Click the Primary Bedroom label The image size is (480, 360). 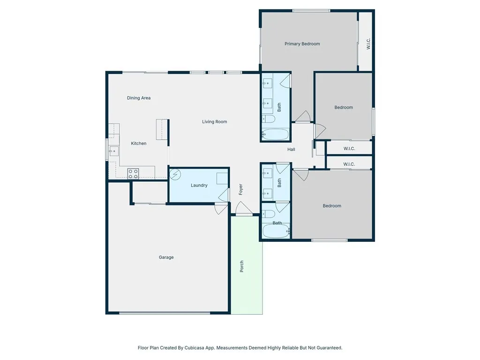click(302, 44)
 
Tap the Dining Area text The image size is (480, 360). click(139, 98)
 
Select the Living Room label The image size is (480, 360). click(214, 122)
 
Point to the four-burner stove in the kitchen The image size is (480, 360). click(133, 174)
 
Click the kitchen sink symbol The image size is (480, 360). click(113, 150)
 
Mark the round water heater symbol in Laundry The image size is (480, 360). click(174, 174)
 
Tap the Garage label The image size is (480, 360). click(166, 257)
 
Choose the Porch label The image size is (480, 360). click(242, 266)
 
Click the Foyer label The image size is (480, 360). click(241, 189)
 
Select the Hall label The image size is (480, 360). click(291, 150)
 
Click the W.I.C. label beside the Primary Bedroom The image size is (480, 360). click(368, 44)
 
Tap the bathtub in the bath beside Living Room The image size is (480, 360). click(276, 135)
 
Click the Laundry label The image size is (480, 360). click(199, 186)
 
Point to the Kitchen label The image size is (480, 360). click(138, 143)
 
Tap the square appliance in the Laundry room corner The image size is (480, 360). click(222, 179)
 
